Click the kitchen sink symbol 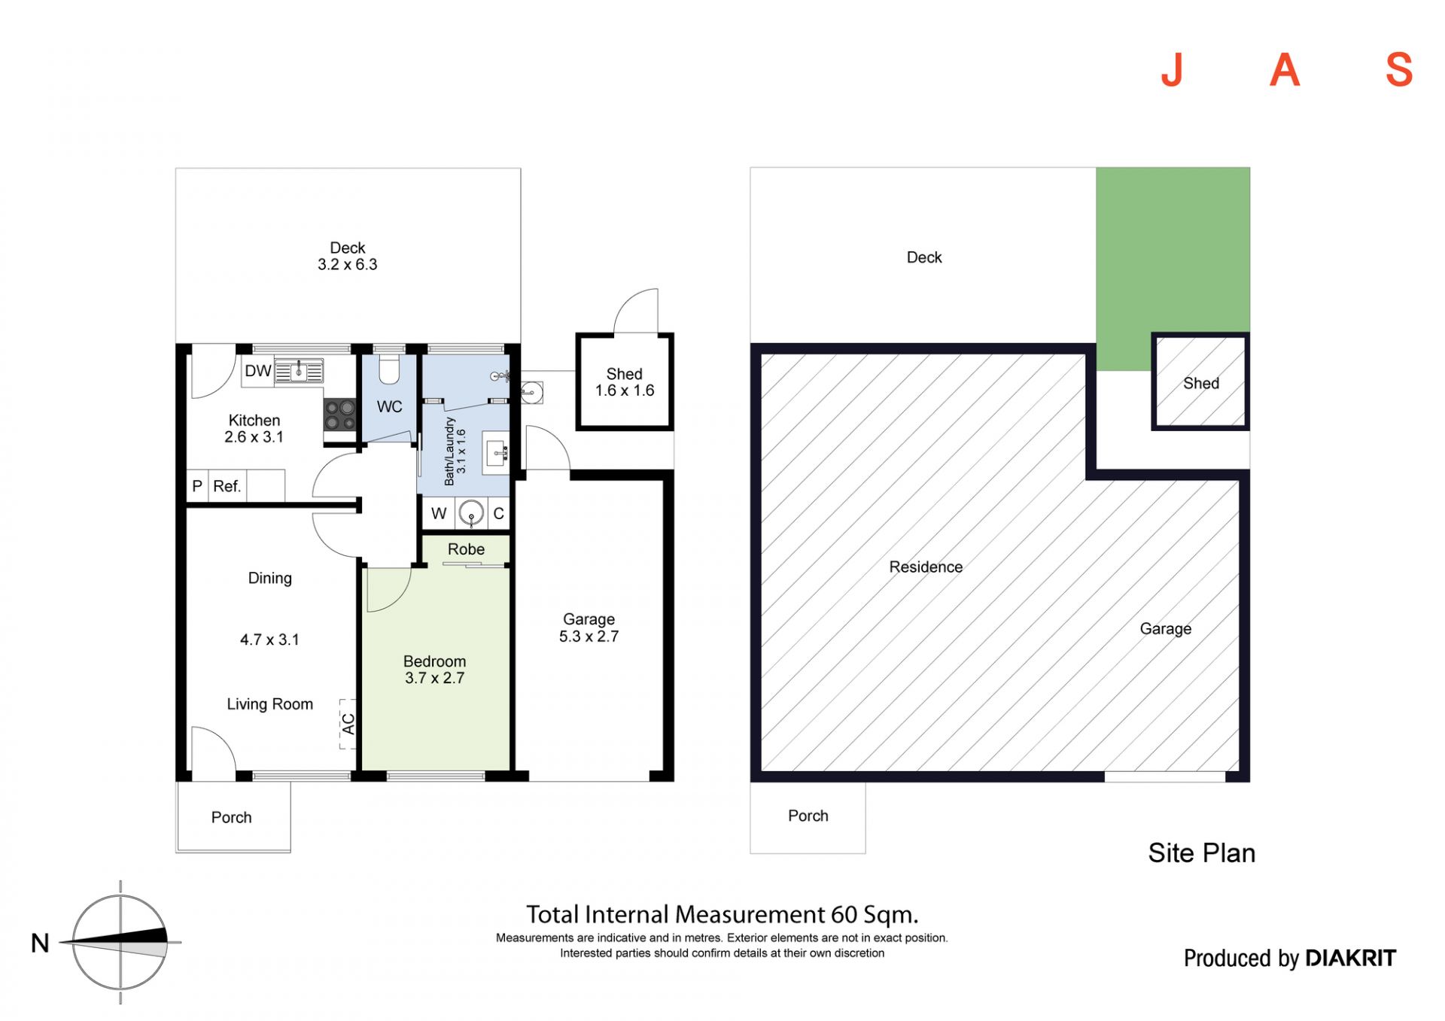299,371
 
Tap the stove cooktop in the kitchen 339,415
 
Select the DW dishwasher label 258,371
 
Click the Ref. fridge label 227,486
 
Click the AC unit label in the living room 348,724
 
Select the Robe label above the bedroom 466,549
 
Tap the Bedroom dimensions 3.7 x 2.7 434,678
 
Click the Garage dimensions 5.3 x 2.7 589,637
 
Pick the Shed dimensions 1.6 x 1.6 625,390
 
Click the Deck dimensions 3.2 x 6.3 347,265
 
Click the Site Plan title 1202,853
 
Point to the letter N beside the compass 40,943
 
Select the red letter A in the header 1285,71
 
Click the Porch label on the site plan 808,816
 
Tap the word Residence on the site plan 926,567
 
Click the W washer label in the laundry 439,514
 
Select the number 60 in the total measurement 844,915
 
